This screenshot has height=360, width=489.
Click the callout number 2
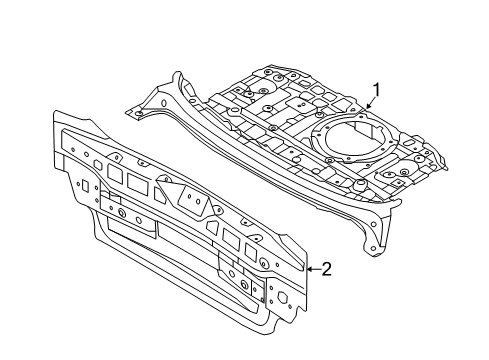point(326,268)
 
